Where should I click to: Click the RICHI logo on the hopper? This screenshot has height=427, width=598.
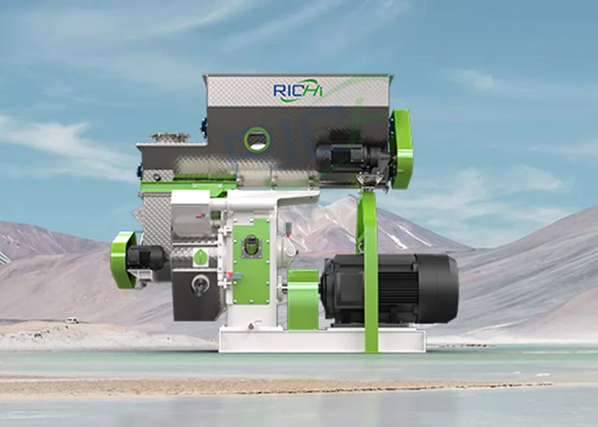tap(297, 90)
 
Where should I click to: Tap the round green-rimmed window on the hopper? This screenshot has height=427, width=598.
tap(256, 140)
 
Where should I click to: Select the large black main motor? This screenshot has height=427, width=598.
tap(388, 288)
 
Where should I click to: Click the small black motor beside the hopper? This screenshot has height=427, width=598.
tap(342, 158)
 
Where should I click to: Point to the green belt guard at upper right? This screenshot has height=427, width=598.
tap(402, 148)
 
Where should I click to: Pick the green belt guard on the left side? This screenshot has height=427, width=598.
tap(122, 259)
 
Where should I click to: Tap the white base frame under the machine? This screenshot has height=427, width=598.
tap(322, 339)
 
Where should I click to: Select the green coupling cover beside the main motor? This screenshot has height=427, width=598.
tap(303, 299)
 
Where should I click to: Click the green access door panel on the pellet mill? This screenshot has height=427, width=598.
tap(252, 261)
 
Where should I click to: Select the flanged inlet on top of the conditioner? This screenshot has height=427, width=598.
tap(169, 138)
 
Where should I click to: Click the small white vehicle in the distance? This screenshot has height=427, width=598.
tap(71, 320)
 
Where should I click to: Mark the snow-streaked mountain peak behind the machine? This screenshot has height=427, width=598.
tap(342, 210)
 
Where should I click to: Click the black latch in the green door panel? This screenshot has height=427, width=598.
tap(252, 247)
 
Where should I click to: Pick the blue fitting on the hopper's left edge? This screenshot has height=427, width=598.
tap(203, 124)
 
